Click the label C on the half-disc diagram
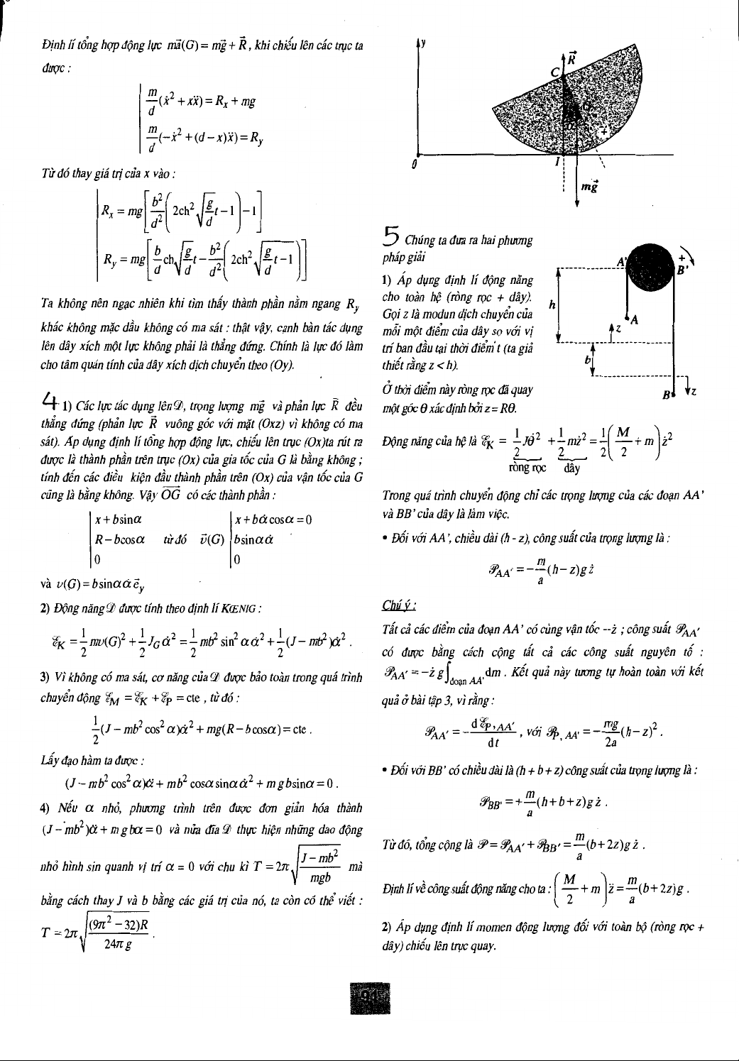coord(556,72)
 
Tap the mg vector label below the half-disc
coord(589,187)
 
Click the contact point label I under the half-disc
coord(558,162)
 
